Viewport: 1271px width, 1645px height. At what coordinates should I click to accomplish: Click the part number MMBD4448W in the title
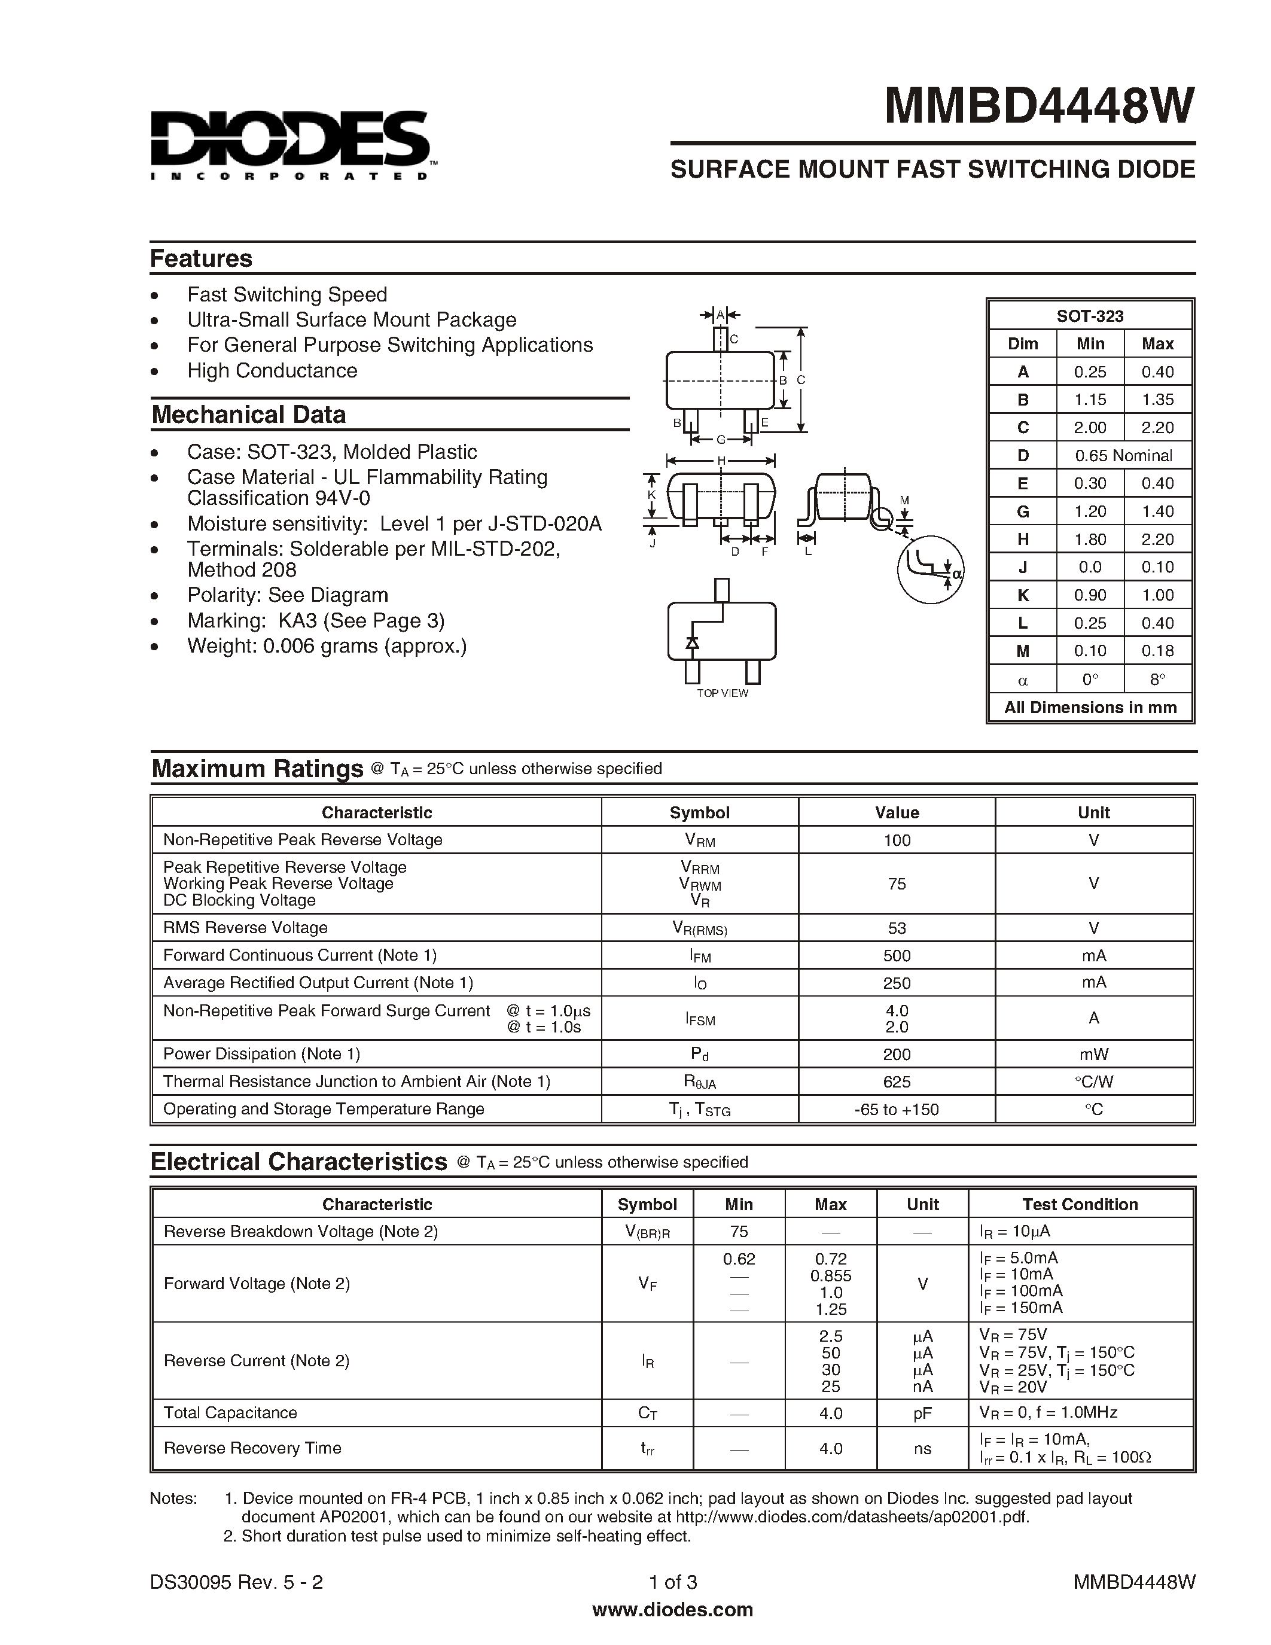pos(1038,105)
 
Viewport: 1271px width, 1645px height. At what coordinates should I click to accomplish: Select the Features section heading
pos(201,258)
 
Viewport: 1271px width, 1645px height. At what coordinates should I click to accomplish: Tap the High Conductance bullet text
pos(272,371)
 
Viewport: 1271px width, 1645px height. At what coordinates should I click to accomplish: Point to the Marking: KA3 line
pos(315,621)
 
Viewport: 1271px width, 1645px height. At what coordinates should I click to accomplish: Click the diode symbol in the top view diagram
pos(691,642)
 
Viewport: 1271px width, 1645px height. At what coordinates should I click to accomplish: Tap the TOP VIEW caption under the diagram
pos(722,693)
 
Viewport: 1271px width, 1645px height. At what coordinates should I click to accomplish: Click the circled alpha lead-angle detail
pos(931,570)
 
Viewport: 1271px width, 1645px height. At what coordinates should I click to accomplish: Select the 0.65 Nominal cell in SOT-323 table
pos(1123,456)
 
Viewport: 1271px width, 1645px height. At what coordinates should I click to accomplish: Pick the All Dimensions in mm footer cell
pos(1090,707)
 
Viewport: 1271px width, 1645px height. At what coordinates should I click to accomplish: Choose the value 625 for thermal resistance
pos(897,1082)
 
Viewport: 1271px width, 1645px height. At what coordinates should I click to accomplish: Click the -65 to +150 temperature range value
pos(897,1110)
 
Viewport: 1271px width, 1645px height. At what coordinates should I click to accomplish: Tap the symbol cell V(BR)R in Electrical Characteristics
pos(647,1232)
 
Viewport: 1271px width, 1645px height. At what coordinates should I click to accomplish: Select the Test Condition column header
pos(1080,1204)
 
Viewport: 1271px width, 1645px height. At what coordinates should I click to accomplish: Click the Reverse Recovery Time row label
pos(252,1448)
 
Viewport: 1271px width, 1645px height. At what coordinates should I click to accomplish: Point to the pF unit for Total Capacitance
pos(922,1413)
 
